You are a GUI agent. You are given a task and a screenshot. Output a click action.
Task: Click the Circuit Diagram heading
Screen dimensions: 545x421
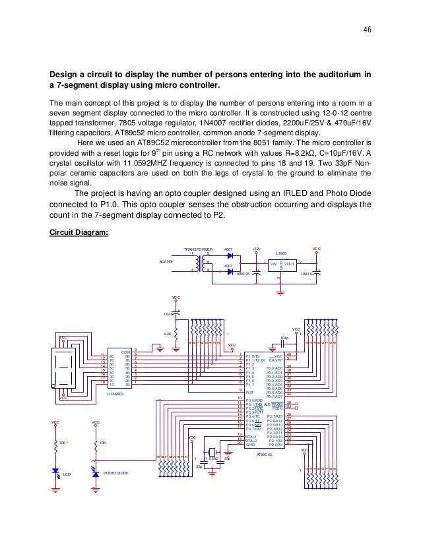click(x=79, y=232)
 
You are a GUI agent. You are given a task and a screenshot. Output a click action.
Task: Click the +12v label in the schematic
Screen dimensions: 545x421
click(x=256, y=249)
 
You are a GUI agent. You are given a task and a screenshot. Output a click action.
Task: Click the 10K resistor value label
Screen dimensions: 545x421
click(x=102, y=443)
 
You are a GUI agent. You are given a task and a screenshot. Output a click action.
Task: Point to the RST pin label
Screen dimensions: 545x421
click(x=249, y=392)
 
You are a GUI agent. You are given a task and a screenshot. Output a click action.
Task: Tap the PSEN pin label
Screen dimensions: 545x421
click(x=277, y=408)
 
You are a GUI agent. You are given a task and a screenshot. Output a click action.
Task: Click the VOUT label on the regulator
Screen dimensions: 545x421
click(x=290, y=263)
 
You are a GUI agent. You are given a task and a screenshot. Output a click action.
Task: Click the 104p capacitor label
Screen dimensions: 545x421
click(x=284, y=337)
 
